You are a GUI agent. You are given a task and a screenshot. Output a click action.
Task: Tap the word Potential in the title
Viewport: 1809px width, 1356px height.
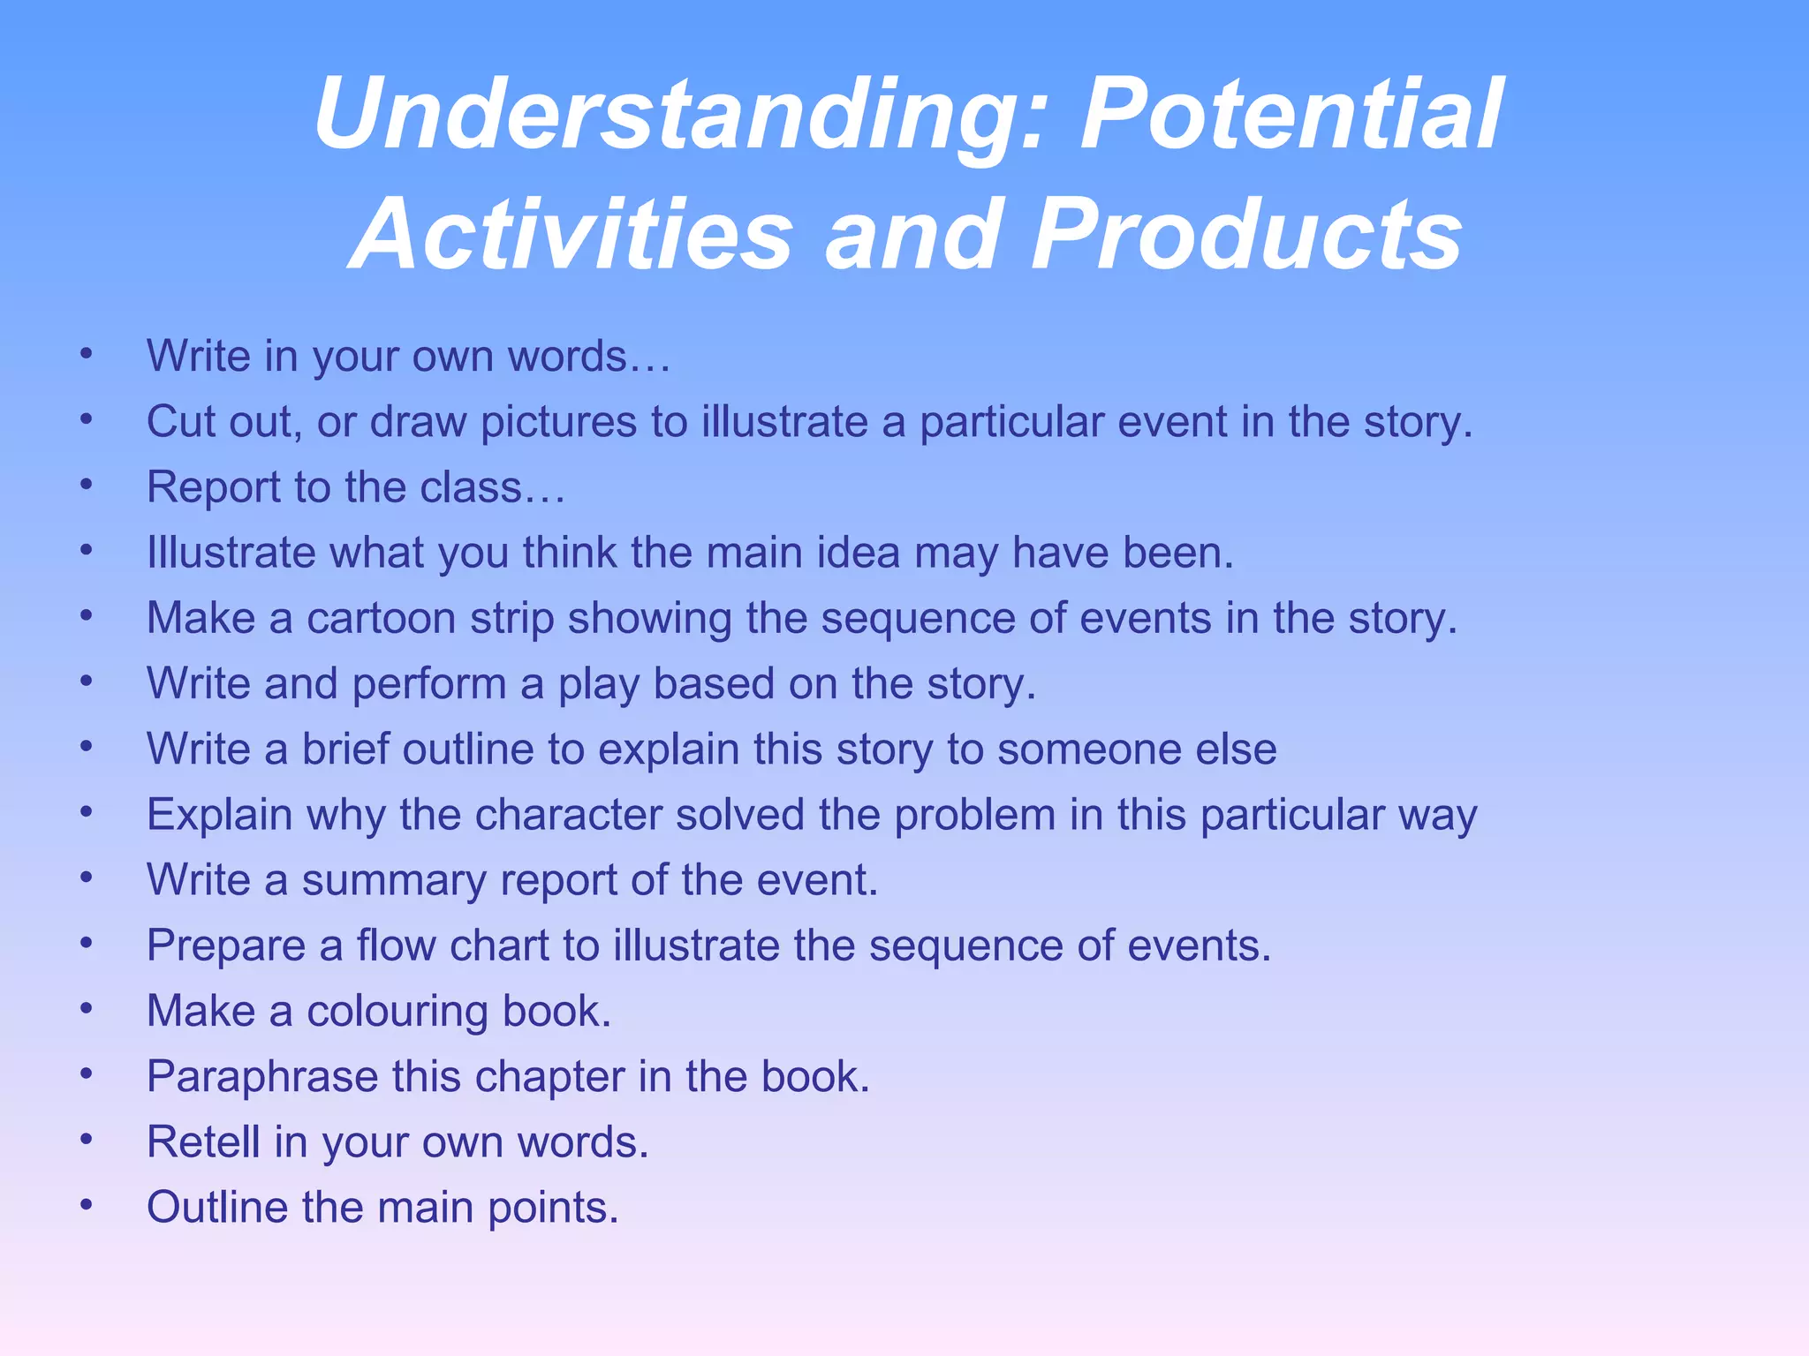pos(1290,116)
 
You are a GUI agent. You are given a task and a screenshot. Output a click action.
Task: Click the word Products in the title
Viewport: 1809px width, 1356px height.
pos(1246,235)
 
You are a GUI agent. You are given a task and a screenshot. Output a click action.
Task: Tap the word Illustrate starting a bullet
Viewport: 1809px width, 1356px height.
pos(231,553)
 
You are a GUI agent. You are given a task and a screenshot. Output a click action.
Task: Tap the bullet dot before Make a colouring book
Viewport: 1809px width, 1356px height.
pos(86,1008)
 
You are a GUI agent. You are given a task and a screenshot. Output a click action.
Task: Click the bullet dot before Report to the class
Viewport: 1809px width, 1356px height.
pos(86,485)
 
